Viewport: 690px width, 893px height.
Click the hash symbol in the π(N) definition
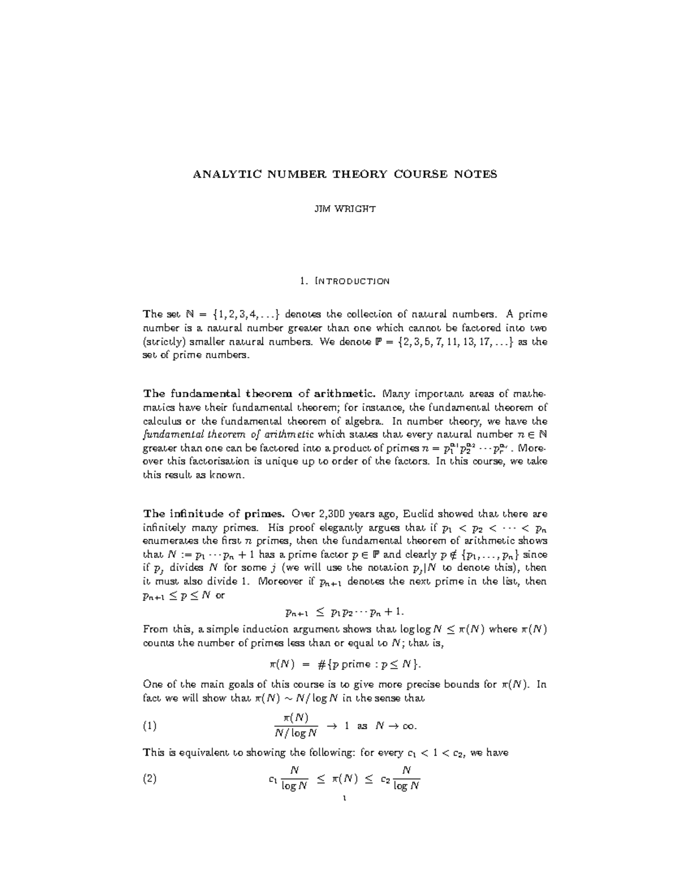coord(320,665)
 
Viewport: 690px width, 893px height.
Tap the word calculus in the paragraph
coord(162,421)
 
